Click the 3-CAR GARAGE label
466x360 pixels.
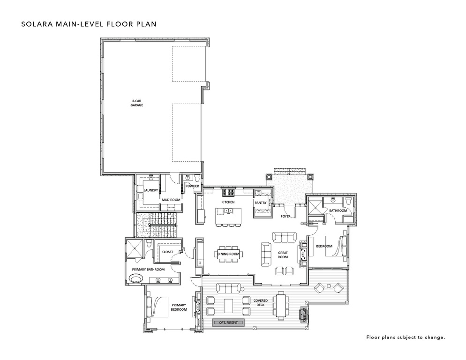pos(137,104)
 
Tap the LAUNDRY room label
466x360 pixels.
pos(150,190)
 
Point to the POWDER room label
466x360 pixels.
pos(192,186)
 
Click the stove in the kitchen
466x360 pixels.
pos(230,192)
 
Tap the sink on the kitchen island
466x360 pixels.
pos(228,211)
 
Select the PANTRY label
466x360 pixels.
pos(261,202)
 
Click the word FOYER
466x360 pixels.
pos(286,217)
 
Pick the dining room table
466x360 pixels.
pos(228,254)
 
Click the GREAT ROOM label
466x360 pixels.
pos(282,254)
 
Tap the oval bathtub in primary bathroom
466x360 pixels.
pos(136,280)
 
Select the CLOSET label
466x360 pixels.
pos(167,252)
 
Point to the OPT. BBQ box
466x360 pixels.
pos(303,315)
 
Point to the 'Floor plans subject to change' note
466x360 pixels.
pos(405,337)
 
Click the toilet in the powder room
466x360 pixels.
pos(197,179)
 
